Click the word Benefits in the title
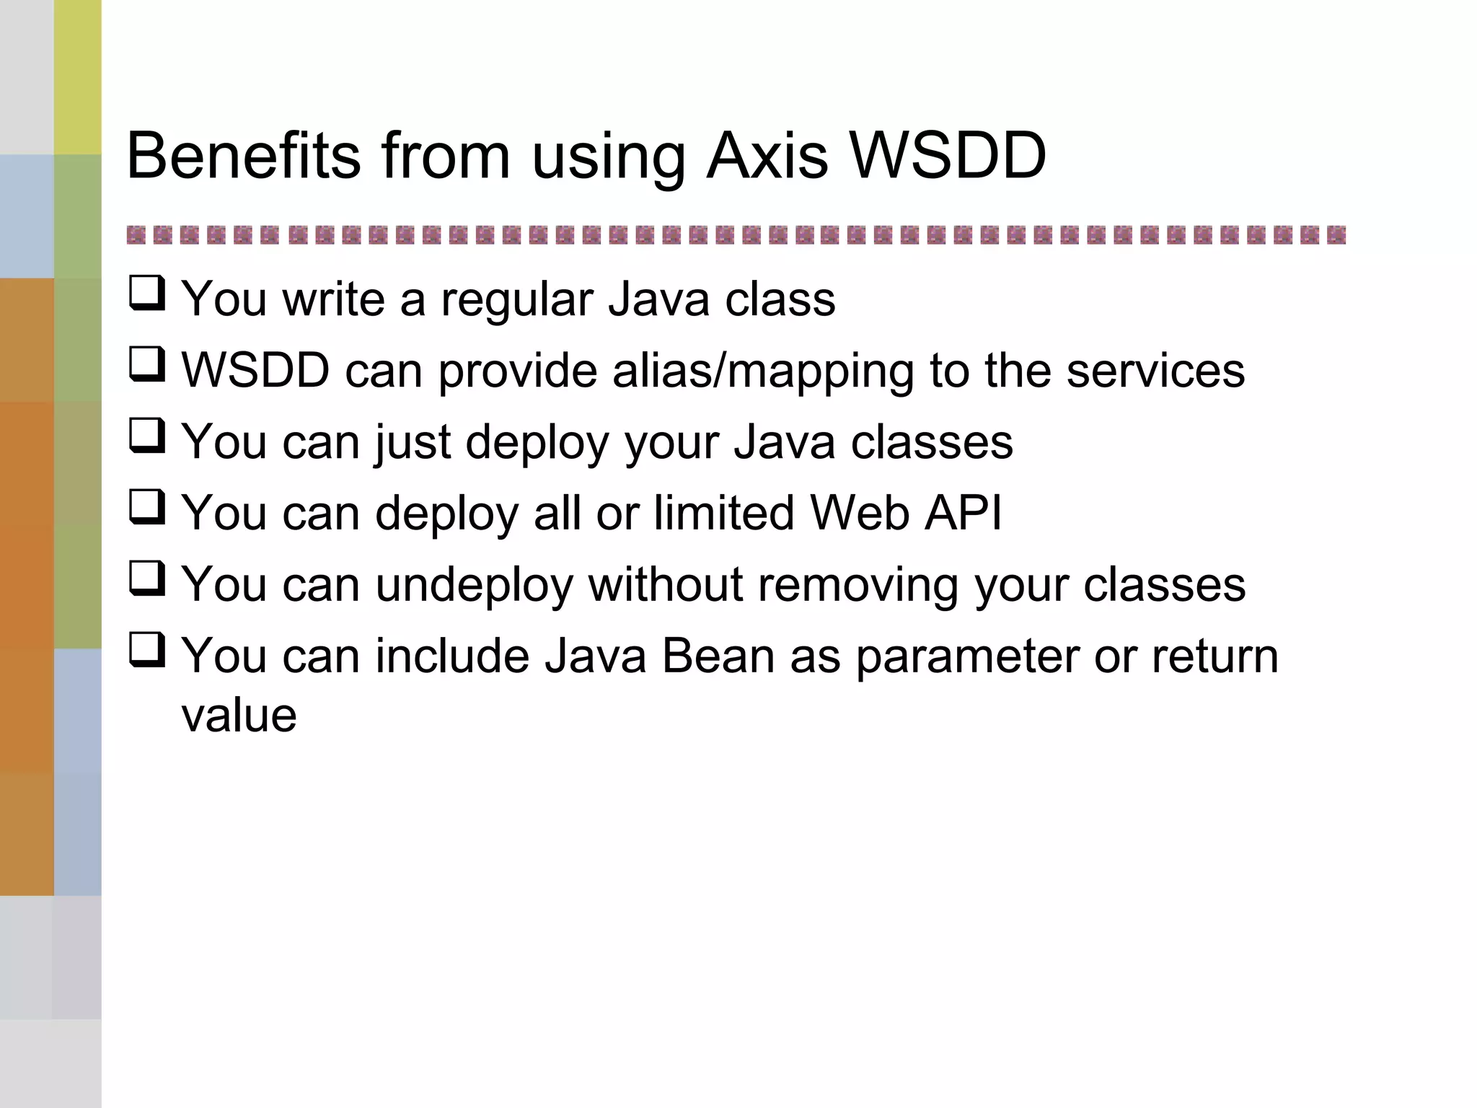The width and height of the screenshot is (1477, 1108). click(x=243, y=156)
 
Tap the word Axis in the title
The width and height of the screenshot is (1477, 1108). click(x=767, y=156)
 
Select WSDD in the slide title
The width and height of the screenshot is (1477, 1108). click(x=948, y=156)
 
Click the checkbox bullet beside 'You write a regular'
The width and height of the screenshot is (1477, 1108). click(x=147, y=294)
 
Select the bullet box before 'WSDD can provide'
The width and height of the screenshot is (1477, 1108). click(x=147, y=365)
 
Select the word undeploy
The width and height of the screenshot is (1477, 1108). click(x=473, y=585)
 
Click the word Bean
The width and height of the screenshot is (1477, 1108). click(x=718, y=656)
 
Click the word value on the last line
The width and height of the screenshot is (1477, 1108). click(x=239, y=716)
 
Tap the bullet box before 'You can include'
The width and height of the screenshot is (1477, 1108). click(x=147, y=650)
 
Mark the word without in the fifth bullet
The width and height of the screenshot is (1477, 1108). click(x=665, y=585)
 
